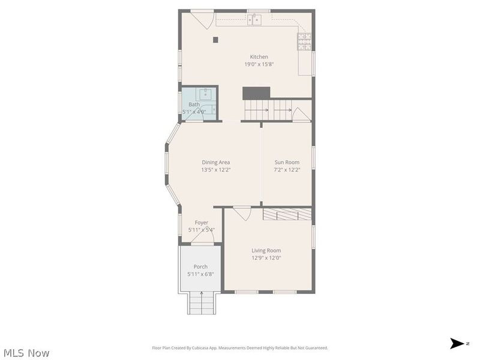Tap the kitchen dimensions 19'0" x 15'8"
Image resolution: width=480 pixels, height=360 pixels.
259,64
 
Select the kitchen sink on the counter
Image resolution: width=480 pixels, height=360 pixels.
256,20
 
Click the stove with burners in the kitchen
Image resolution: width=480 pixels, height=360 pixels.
305,41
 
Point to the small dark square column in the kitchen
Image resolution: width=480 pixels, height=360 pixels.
215,40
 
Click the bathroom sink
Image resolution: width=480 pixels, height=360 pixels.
205,94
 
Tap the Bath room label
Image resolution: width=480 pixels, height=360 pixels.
194,104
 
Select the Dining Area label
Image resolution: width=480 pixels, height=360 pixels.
216,162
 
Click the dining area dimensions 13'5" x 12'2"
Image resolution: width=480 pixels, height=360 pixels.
216,170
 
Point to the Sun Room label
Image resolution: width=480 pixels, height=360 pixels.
287,162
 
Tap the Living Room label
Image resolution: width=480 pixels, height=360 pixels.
266,251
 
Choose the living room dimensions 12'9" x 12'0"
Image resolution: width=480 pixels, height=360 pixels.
266,258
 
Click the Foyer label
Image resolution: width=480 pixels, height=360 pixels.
201,223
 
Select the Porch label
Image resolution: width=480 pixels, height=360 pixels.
200,267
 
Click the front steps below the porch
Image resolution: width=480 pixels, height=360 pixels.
202,302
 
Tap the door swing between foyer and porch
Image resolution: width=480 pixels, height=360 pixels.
203,238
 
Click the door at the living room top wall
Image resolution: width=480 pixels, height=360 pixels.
242,213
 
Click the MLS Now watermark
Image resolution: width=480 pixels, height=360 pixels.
26,353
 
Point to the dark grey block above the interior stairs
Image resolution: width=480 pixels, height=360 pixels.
256,93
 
